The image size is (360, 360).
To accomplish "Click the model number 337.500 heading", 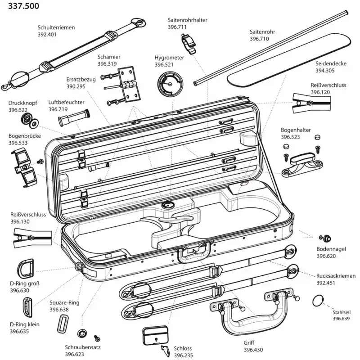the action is coord(24,6).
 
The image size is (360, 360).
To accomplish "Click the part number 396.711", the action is coord(177,27).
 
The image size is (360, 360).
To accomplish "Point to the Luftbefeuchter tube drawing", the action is coord(74,117).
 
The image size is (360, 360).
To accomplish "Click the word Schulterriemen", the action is coord(56,27).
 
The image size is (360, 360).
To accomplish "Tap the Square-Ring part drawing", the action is coord(63,324).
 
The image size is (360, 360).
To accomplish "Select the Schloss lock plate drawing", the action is coord(155,335).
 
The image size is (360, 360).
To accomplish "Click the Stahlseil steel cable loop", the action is coord(318,301).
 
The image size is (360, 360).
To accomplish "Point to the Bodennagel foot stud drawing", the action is coord(325,238).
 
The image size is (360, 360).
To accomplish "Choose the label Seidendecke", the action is coord(331,63).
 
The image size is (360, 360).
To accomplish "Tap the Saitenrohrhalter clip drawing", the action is coord(188,44).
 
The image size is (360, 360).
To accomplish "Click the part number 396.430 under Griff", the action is coord(253,350).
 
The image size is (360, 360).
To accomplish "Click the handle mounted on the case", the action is coord(194,252).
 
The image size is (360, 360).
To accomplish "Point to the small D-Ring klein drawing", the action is coord(27,307).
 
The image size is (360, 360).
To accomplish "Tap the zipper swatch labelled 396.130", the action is coord(32,238).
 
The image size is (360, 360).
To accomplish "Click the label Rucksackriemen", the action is coord(336,276).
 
